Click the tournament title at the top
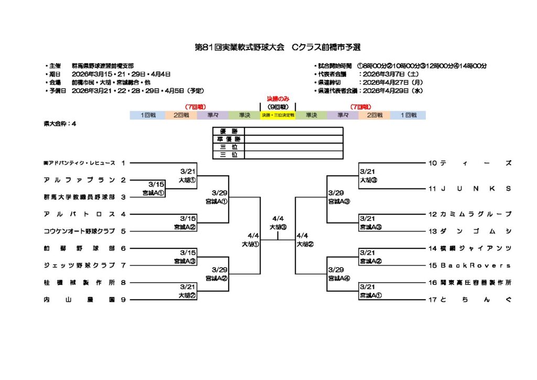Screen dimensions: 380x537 277,47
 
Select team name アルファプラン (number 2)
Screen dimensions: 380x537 79,180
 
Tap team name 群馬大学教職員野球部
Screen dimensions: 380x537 79,197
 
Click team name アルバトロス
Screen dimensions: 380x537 79,214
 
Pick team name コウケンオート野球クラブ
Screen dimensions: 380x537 79,231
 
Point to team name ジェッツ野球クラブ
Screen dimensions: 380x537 79,265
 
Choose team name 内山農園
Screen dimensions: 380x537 79,300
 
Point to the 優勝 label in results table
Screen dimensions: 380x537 229,131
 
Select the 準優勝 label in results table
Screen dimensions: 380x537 229,139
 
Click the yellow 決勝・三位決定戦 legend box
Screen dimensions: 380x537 277,115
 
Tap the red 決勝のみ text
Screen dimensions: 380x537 278,98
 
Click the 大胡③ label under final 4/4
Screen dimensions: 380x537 278,227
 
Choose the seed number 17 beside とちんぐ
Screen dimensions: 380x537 433,300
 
